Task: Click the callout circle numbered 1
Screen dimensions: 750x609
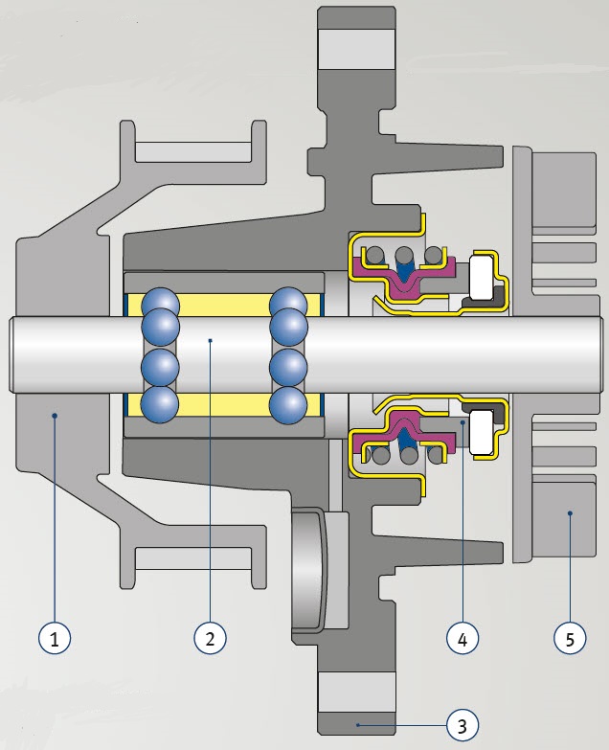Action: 56,637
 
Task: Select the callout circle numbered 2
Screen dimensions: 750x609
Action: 210,637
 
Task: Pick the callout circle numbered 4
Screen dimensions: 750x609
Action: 462,637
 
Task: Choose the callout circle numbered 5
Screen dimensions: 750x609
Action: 570,637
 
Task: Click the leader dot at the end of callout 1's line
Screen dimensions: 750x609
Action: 56,416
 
